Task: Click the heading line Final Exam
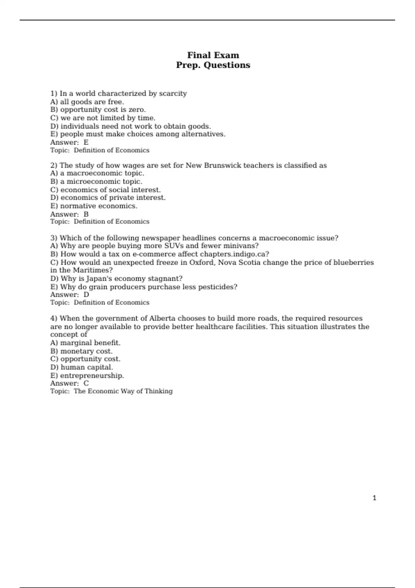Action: tap(213, 55)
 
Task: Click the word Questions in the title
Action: tap(227, 65)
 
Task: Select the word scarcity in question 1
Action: tap(173, 93)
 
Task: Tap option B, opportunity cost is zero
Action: tap(98, 110)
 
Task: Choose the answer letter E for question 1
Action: tap(86, 142)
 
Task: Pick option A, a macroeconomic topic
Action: tap(97, 173)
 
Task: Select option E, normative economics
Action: tap(94, 206)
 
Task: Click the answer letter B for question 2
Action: tap(86, 214)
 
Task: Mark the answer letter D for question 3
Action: tap(86, 295)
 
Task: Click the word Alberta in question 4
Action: tap(162, 318)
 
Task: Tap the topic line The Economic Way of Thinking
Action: tap(123, 391)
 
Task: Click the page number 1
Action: tap(375, 498)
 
